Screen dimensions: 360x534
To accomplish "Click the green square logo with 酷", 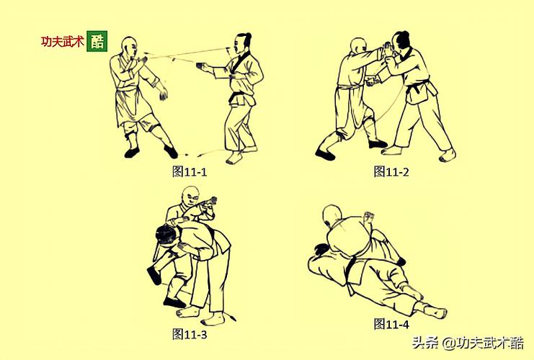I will click(97, 41).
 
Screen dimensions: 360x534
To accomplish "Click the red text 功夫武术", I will click(62, 42).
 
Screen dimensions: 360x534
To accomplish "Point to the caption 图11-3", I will click(190, 333).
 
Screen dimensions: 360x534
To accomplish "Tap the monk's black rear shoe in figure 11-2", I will click(325, 153).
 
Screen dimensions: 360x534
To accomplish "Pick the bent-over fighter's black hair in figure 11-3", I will click(164, 234).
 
